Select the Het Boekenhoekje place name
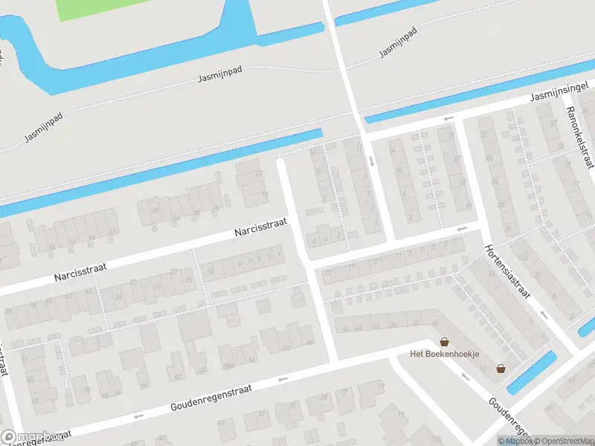[445, 354]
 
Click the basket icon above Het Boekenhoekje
[445, 342]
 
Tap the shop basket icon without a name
[501, 368]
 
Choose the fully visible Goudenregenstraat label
[211, 398]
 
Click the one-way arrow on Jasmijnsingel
[448, 118]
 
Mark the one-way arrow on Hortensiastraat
[544, 314]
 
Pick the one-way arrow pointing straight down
[370, 160]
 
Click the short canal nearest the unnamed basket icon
[533, 371]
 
